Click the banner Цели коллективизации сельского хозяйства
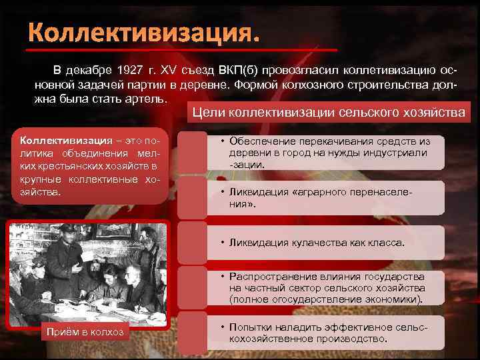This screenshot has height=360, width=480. (329, 113)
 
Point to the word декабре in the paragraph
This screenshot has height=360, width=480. (90, 71)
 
